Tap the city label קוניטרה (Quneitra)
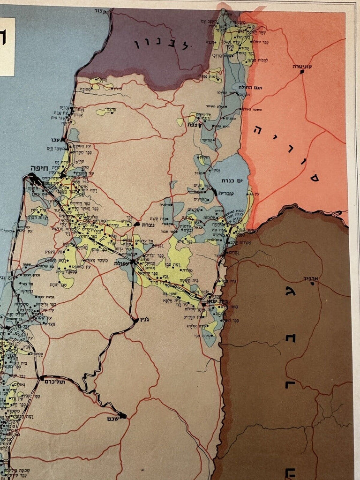[x=302, y=67]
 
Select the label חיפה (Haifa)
[x=41, y=167]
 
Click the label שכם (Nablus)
[x=111, y=416]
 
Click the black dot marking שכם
[x=123, y=415]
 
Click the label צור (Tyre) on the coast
[x=100, y=10]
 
